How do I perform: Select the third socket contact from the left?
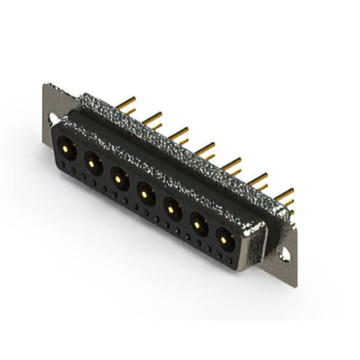[119, 179]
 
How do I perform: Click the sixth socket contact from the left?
[199, 226]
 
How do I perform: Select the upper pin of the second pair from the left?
[152, 117]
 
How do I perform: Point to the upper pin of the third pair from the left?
[179, 133]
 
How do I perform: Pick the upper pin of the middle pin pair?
[205, 147]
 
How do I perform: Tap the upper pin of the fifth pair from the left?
[231, 163]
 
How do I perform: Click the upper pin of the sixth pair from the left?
[258, 178]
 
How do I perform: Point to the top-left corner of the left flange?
[46, 85]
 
